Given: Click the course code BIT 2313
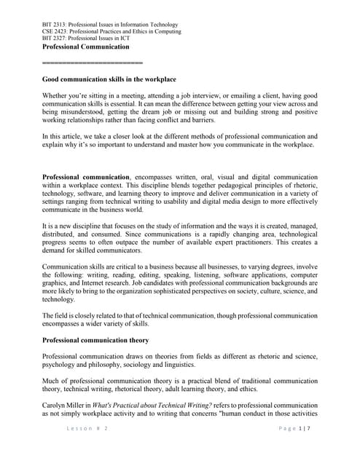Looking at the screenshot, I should tap(55, 25).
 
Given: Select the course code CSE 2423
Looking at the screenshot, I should tap(56, 32).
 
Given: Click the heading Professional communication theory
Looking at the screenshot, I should tap(95, 340).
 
